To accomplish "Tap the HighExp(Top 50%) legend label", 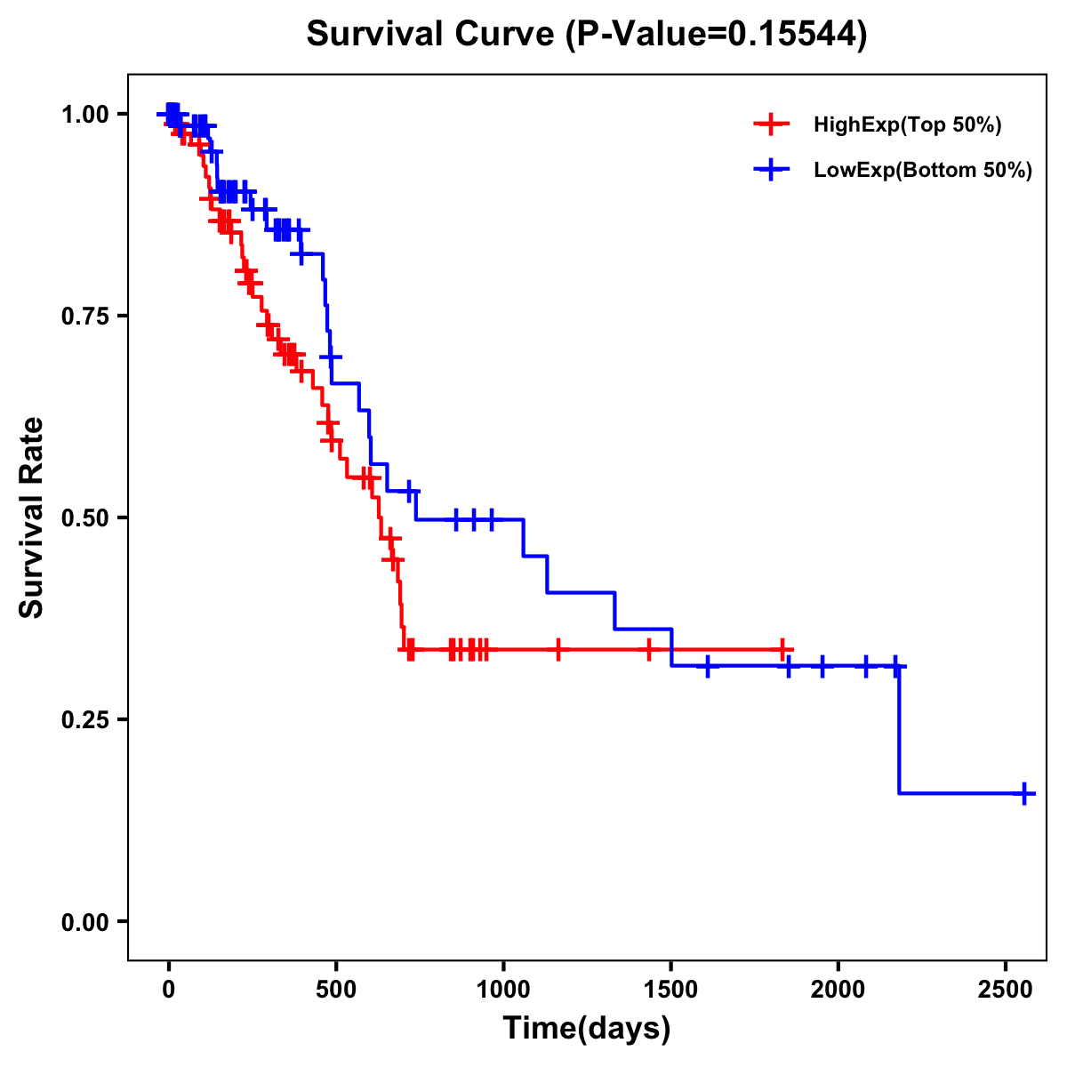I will tap(907, 125).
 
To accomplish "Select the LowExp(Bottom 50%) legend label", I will tap(923, 171).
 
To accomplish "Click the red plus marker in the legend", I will tap(772, 124).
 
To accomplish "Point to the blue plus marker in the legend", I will tap(772, 170).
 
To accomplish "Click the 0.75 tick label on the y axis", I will tap(84, 317).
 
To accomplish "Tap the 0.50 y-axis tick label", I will tap(84, 518).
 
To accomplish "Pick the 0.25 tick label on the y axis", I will tap(84, 720).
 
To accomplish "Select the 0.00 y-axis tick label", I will tap(84, 922).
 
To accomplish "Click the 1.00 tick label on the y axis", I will tap(84, 115).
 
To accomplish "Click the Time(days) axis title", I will tap(587, 1029).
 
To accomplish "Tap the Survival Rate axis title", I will tap(32, 517).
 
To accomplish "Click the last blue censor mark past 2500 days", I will tap(1024, 793).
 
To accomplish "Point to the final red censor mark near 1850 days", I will tap(782, 650).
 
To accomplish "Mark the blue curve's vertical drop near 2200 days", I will tap(899, 729).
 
